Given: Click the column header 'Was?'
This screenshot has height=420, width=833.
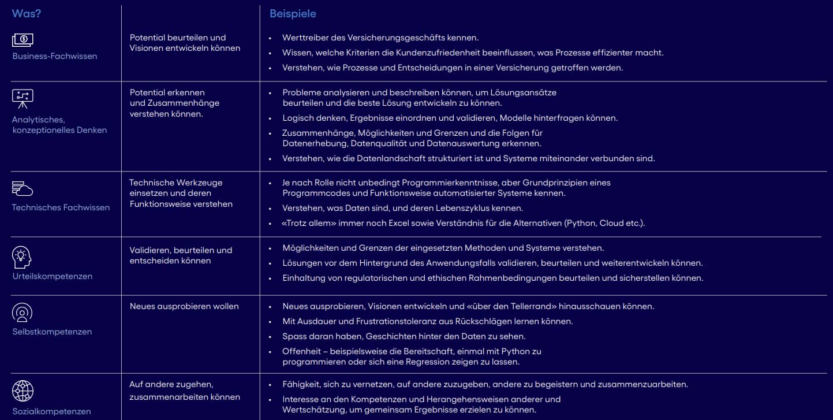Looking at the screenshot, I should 26,14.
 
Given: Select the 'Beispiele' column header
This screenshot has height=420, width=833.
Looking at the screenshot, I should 293,14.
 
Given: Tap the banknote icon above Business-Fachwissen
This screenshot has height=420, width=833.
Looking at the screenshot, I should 23,40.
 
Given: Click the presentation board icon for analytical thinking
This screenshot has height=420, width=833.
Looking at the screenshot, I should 23,99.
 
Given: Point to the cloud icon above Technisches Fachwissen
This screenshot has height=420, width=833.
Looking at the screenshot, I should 23,188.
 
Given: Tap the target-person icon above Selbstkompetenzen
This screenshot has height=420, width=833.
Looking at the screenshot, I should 22,313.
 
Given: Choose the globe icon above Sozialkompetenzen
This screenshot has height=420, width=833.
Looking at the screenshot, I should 23,391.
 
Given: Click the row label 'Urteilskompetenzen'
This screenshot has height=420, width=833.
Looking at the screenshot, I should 52,276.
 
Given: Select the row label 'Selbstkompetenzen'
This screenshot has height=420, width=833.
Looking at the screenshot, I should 52,332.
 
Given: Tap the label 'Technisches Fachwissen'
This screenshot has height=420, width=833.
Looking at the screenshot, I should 61,207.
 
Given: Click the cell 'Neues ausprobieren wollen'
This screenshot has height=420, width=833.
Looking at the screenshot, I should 184,306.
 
